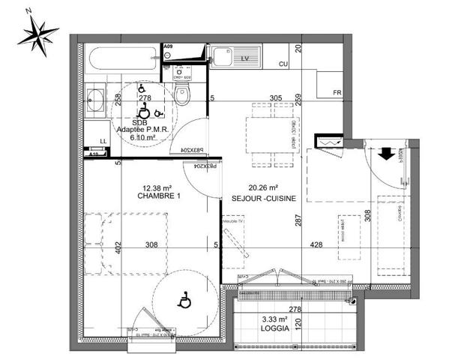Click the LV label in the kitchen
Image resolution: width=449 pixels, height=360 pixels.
244,57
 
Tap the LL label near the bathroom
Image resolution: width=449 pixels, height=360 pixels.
103,141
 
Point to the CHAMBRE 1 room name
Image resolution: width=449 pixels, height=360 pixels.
159,196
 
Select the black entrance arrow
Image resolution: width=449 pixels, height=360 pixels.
385,153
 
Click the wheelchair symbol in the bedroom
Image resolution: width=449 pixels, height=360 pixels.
183,302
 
